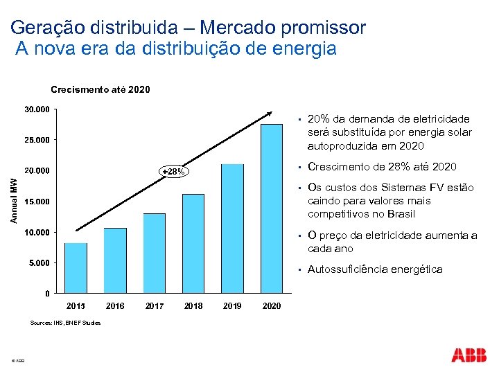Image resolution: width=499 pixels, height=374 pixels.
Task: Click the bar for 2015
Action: [x=76, y=267]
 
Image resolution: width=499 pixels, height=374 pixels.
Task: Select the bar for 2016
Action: [x=115, y=260]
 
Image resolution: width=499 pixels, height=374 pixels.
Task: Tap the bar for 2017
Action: [x=155, y=253]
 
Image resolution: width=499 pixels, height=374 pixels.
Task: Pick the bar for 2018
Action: [x=193, y=243]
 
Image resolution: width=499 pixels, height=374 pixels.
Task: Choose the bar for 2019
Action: [x=232, y=228]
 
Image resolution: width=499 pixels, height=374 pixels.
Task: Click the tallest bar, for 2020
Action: [x=272, y=208]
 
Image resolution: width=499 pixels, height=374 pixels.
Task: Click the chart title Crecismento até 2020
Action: [x=100, y=89]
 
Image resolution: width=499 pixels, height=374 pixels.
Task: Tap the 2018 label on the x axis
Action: [x=193, y=306]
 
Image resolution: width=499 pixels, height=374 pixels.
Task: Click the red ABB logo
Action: [x=469, y=355]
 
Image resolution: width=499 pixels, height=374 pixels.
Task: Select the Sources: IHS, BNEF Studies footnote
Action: [x=67, y=322]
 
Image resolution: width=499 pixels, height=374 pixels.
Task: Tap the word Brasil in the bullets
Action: [x=400, y=214]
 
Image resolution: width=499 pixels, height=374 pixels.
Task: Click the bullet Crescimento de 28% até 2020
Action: [x=382, y=166]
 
